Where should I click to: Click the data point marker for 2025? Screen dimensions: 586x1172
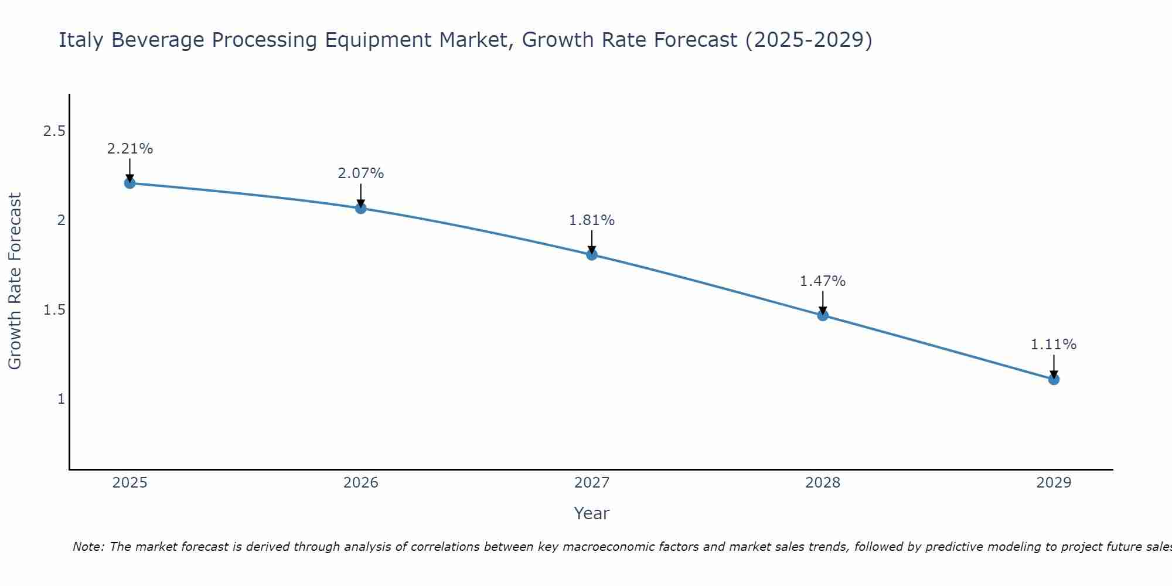(130, 183)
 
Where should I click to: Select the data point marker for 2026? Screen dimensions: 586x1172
(361, 208)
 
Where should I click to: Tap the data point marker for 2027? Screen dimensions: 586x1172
(592, 254)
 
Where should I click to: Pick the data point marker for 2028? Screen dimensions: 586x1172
(823, 315)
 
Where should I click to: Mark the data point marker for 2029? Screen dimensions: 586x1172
(1054, 379)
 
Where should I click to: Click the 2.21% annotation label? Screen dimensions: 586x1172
(130, 149)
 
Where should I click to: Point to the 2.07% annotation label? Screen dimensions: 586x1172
(361, 173)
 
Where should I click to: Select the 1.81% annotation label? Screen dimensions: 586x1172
(592, 220)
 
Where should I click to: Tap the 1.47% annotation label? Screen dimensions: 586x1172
(823, 281)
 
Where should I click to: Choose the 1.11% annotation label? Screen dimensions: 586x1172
(1054, 345)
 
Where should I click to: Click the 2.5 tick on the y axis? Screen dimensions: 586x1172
(54, 131)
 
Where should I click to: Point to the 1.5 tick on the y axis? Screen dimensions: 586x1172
(54, 310)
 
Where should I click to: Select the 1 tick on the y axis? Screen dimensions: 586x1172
(60, 399)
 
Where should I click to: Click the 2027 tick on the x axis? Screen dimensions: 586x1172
(592, 483)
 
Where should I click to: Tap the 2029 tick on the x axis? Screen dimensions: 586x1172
(1054, 483)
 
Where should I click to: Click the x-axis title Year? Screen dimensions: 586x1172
(592, 513)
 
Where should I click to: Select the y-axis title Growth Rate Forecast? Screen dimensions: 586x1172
(15, 281)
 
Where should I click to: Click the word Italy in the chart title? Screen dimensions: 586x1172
(81, 40)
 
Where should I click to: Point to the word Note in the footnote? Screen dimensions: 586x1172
(88, 547)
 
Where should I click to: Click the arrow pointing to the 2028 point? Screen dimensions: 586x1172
(823, 302)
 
